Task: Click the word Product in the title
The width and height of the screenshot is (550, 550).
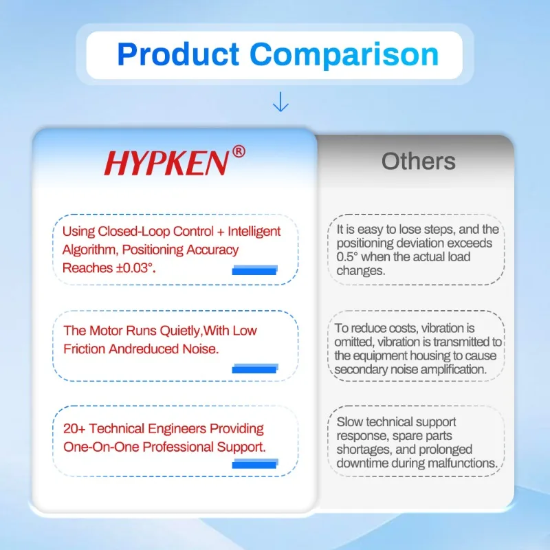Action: pos(178,55)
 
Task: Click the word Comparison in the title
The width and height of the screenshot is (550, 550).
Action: pos(344,56)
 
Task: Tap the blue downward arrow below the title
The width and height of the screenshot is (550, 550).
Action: pos(280,102)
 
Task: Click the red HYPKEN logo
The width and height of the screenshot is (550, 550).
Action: pos(166,163)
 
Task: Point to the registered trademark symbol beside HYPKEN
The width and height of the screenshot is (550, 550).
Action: pos(239,151)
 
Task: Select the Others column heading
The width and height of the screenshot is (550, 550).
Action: pos(419,162)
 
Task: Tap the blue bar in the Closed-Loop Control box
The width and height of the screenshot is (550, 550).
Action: pos(254,270)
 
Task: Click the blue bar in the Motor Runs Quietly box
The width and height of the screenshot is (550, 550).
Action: pos(255,368)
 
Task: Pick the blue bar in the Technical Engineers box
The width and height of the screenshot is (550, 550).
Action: pos(255,463)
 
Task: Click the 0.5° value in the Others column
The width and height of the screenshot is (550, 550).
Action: pos(347,256)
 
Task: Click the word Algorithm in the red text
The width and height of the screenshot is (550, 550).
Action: pos(89,250)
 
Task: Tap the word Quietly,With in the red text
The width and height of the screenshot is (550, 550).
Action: pos(208,331)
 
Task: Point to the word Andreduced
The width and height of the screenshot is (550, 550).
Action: pos(144,349)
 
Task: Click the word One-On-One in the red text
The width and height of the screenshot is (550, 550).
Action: pos(101,447)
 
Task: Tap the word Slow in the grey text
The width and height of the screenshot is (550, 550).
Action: pos(349,422)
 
